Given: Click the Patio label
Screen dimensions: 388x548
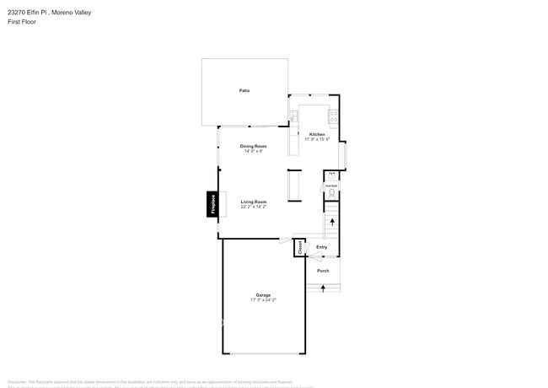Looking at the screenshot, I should click(x=244, y=90).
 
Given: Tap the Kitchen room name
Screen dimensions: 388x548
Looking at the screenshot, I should click(x=317, y=134).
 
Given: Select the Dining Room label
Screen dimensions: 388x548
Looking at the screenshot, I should click(x=254, y=147).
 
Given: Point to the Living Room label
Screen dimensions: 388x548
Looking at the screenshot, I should click(x=254, y=202).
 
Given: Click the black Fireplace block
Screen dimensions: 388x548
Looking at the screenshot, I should click(x=213, y=205).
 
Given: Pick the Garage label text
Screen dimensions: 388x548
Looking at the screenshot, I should click(x=263, y=295).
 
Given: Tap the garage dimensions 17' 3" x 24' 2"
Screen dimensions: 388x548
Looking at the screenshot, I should click(x=263, y=300).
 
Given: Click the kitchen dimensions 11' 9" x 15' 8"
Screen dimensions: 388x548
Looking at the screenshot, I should click(x=317, y=139).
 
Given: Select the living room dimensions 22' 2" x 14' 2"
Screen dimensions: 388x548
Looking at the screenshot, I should click(x=254, y=207).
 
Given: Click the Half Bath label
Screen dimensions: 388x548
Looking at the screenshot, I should click(x=332, y=186).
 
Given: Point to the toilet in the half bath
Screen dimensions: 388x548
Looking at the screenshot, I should click(x=332, y=194).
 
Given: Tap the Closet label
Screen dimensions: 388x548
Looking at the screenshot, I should click(x=299, y=247).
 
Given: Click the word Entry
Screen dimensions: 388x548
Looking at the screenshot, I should click(x=321, y=247).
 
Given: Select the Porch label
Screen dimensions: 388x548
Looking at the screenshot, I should click(x=323, y=271).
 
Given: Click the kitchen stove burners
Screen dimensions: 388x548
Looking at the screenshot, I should click(x=333, y=116).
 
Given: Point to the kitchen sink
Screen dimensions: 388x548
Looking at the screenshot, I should click(x=294, y=116).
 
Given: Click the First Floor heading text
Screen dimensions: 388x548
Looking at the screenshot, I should click(x=23, y=22).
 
